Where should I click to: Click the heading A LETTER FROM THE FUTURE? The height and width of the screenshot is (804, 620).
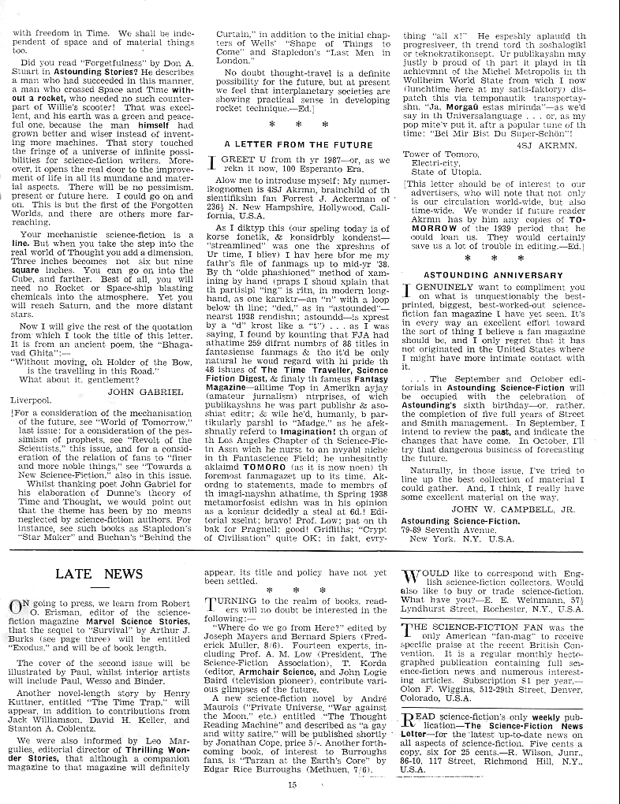pos(299,144)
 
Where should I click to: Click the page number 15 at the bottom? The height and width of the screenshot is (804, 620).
pos(291,784)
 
